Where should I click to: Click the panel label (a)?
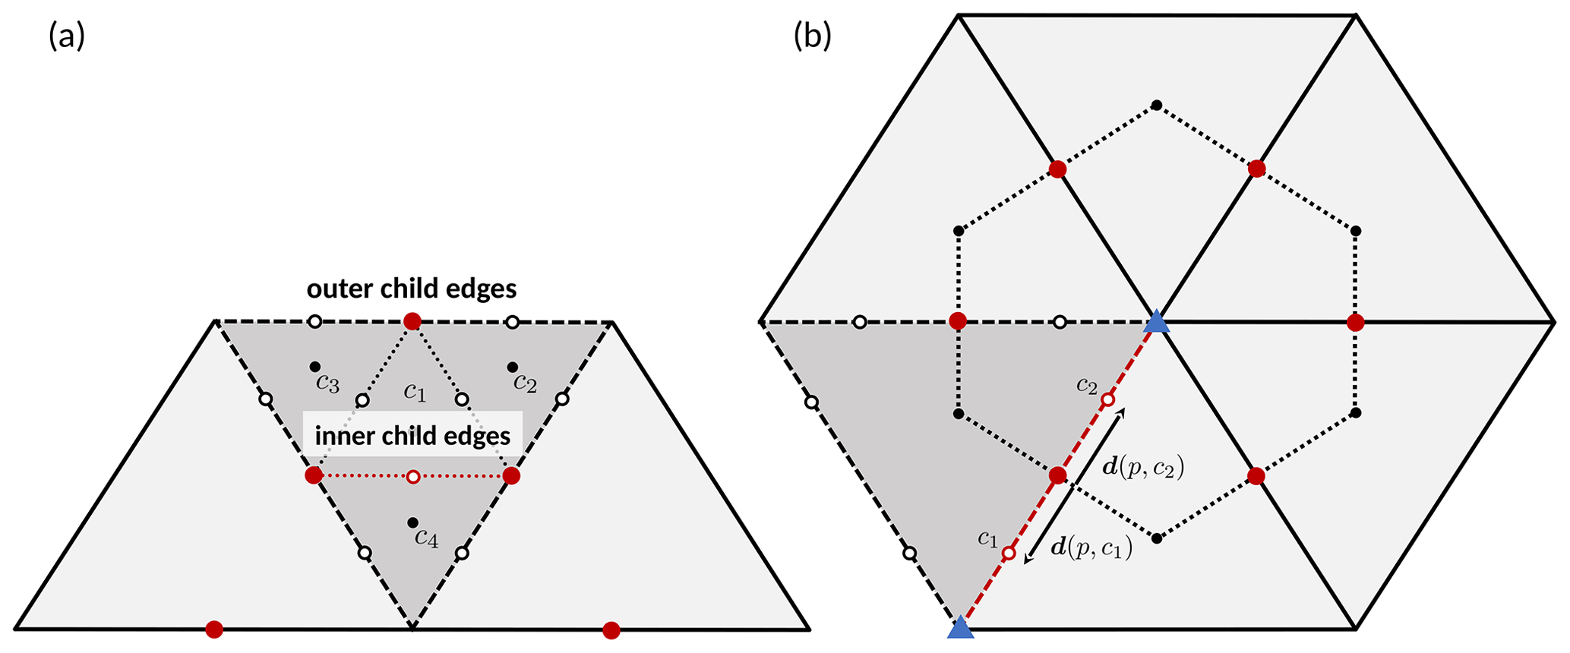(67, 36)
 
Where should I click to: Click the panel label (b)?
(812, 36)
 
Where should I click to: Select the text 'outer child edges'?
(412, 289)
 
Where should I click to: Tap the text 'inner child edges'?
(412, 436)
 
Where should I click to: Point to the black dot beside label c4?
(412, 522)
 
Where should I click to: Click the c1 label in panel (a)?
(415, 393)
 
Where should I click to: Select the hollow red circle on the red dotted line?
(413, 477)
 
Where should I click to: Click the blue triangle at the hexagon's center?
(1156, 322)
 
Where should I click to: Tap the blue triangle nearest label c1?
(961, 628)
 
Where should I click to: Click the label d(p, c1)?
(1091, 547)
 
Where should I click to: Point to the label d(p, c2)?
(1143, 468)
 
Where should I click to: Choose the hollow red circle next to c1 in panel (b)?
(1009, 554)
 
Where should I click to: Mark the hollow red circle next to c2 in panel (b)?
(1107, 399)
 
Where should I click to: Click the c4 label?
(426, 539)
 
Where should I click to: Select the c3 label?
(327, 383)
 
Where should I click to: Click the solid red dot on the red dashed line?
(1057, 476)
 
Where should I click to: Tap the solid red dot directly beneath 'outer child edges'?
(412, 321)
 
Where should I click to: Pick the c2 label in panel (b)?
(1087, 385)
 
